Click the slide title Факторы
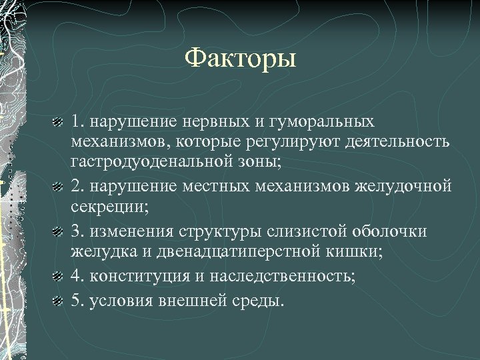click(x=239, y=59)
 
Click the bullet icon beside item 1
click(x=58, y=123)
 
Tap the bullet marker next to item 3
click(x=58, y=231)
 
